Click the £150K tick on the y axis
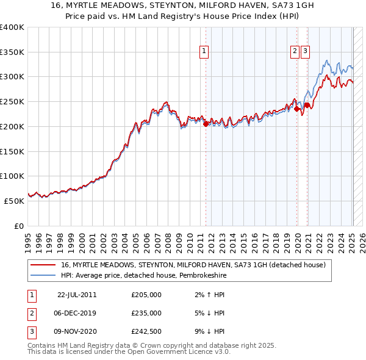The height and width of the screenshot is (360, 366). [12, 151]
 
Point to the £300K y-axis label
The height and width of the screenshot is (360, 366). [12, 77]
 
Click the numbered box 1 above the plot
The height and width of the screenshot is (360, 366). [203, 52]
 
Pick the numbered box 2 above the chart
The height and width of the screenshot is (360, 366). [295, 52]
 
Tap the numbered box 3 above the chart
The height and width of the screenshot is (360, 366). [304, 52]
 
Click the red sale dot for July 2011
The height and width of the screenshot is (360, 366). [206, 124]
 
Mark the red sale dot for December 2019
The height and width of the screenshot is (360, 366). [297, 109]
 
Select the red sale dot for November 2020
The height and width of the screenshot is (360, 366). [307, 106]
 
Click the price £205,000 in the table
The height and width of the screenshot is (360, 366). [146, 295]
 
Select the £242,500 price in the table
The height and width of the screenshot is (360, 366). [146, 331]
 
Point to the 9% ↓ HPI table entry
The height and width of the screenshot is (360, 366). [210, 331]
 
